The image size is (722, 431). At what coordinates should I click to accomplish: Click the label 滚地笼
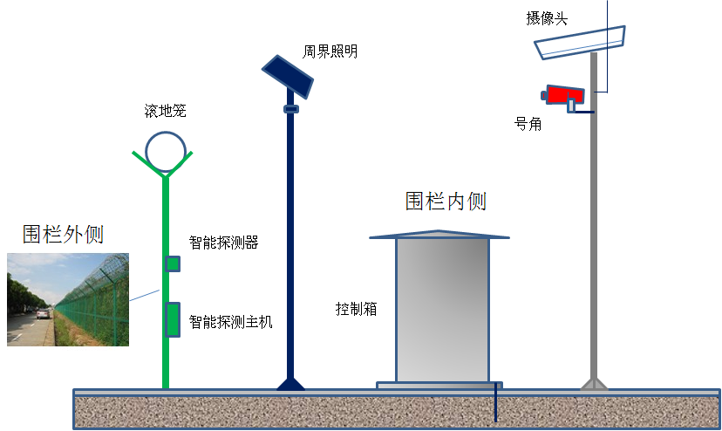pos(165,111)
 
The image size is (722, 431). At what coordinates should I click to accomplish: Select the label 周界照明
pos(330,51)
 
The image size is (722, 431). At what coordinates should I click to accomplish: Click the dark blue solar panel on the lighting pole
pos(291,77)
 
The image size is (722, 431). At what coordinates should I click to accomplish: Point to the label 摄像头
pos(547,18)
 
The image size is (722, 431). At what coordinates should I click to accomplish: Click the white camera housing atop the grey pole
pos(581,42)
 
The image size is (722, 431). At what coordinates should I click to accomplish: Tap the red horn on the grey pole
pos(563,94)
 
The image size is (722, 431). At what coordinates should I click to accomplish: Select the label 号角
pos(528,124)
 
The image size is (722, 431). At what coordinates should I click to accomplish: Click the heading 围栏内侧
pos(446,202)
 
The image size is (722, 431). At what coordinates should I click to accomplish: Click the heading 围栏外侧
pos(63,234)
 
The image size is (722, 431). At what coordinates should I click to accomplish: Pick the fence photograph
pos(68,299)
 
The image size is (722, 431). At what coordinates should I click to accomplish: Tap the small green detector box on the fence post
pos(174,263)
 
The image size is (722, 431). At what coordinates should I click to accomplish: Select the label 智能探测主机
pos(231,322)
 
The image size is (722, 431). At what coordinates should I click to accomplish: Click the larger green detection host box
pos(173,318)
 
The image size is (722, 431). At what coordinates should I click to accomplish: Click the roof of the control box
pos(439,234)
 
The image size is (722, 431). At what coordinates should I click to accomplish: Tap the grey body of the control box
pos(442,310)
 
